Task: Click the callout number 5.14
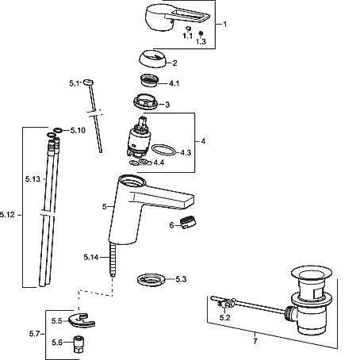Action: point(91,257)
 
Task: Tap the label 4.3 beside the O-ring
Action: point(186,153)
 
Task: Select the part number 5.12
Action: point(7,214)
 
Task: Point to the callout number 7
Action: point(255,341)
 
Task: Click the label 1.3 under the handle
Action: point(201,41)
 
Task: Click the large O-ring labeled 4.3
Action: point(163,149)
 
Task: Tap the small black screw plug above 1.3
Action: point(201,33)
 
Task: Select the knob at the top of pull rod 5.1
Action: point(89,82)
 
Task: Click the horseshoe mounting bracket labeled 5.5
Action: point(82,320)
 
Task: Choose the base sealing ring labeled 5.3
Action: point(151,280)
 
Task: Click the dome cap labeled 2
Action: point(153,59)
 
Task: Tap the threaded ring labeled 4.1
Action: point(149,80)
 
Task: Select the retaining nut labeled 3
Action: point(146,101)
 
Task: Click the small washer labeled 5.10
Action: point(58,130)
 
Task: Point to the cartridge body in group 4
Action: point(139,137)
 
